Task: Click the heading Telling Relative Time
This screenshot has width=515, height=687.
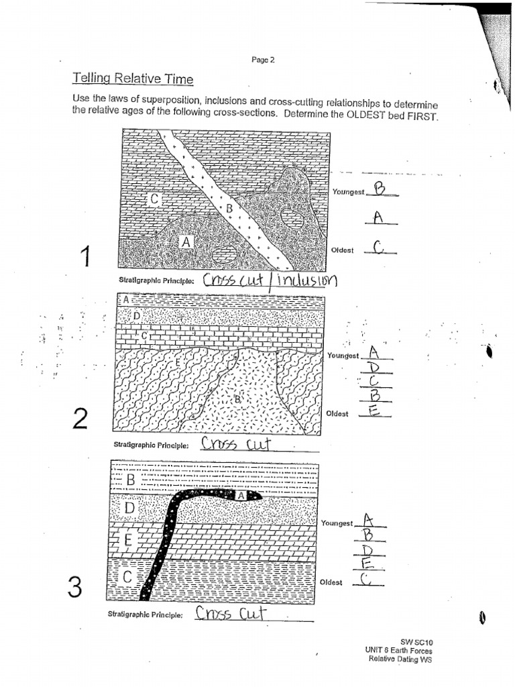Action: click(132, 79)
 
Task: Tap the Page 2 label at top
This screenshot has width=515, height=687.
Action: click(263, 60)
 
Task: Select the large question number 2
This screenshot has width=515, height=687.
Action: click(80, 419)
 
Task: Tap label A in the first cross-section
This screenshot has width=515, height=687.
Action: click(186, 242)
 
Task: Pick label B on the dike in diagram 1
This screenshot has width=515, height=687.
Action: click(229, 209)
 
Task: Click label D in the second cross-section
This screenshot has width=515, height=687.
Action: click(137, 315)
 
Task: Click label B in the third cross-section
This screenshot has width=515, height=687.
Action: click(130, 480)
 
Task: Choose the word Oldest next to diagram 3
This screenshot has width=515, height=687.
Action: click(331, 582)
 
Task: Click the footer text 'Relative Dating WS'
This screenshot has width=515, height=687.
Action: click(400, 659)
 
